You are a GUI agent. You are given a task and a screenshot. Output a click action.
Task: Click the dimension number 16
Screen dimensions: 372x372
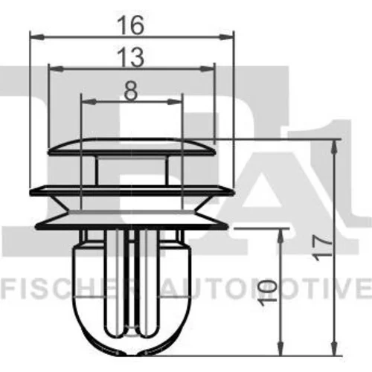pyautogui.click(x=131, y=25)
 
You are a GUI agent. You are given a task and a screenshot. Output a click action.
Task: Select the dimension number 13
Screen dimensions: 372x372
pyautogui.click(x=131, y=57)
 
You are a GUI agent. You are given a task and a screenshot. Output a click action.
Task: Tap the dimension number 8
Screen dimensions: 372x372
pyautogui.click(x=131, y=91)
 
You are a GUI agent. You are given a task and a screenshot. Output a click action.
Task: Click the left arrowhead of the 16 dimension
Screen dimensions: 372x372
pyautogui.click(x=37, y=37)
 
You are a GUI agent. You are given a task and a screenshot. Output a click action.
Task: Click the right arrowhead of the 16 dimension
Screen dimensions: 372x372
pyautogui.click(x=226, y=37)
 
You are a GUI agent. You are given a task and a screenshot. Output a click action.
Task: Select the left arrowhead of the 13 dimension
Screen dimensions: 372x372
pyautogui.click(x=56, y=68)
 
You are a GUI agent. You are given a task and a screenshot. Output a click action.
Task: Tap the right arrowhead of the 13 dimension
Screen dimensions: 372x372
pyautogui.click(x=208, y=68)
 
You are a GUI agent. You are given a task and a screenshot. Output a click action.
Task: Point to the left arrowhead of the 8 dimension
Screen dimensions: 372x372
pyautogui.click(x=89, y=101)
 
